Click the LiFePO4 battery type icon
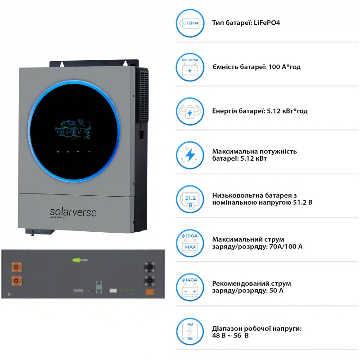[x=190, y=23]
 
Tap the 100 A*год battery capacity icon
[x=190, y=67]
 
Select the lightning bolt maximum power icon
[x=190, y=155]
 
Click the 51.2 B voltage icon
[x=190, y=199]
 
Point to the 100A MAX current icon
[x=190, y=243]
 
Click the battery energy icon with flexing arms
[x=190, y=111]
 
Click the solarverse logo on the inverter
[x=73, y=211]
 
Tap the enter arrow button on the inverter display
[x=89, y=152]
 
